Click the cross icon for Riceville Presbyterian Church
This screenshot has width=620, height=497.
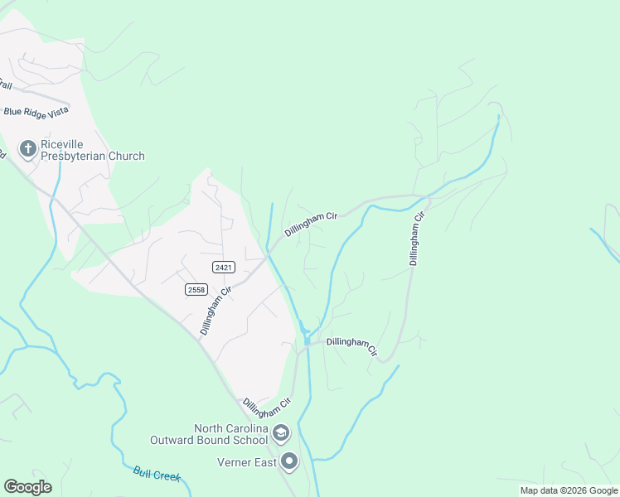click(27, 149)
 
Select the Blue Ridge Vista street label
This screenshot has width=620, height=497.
click(36, 110)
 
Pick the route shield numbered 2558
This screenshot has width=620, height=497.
click(196, 289)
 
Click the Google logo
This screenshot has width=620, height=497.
click(27, 486)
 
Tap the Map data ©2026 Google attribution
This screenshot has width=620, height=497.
click(568, 490)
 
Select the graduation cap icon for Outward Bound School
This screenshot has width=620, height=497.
click(281, 433)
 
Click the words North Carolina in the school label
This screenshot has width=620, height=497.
click(232, 428)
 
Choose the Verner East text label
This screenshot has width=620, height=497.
click(246, 462)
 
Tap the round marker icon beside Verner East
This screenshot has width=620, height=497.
click(288, 462)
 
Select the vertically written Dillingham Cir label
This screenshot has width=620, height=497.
click(417, 239)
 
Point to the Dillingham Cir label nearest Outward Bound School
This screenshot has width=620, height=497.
click(267, 407)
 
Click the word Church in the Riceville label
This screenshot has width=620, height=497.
click(126, 156)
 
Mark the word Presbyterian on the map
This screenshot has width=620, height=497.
click(81, 156)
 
